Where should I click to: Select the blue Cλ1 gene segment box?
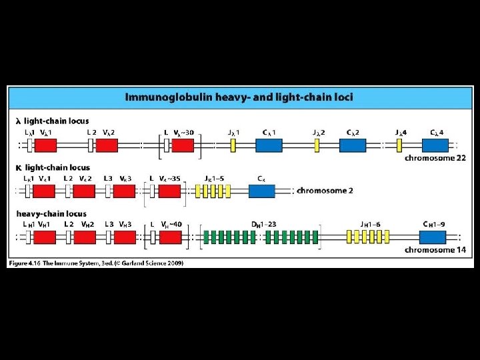[x=269, y=144]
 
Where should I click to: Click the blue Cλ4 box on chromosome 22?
[x=435, y=144]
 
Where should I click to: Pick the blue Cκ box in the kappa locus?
[x=262, y=191]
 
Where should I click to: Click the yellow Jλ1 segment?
[x=233, y=144]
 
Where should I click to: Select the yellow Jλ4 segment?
[x=400, y=144]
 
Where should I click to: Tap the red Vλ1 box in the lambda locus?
[x=45, y=144]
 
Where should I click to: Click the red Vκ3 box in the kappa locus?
[x=124, y=191]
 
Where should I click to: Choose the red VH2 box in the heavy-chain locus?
[x=84, y=237]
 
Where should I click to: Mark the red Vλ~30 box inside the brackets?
[x=183, y=144]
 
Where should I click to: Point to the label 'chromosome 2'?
[x=325, y=191]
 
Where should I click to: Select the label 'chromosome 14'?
[x=433, y=250]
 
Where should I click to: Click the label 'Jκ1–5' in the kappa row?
[x=215, y=178]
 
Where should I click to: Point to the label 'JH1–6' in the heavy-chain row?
[x=371, y=224]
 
